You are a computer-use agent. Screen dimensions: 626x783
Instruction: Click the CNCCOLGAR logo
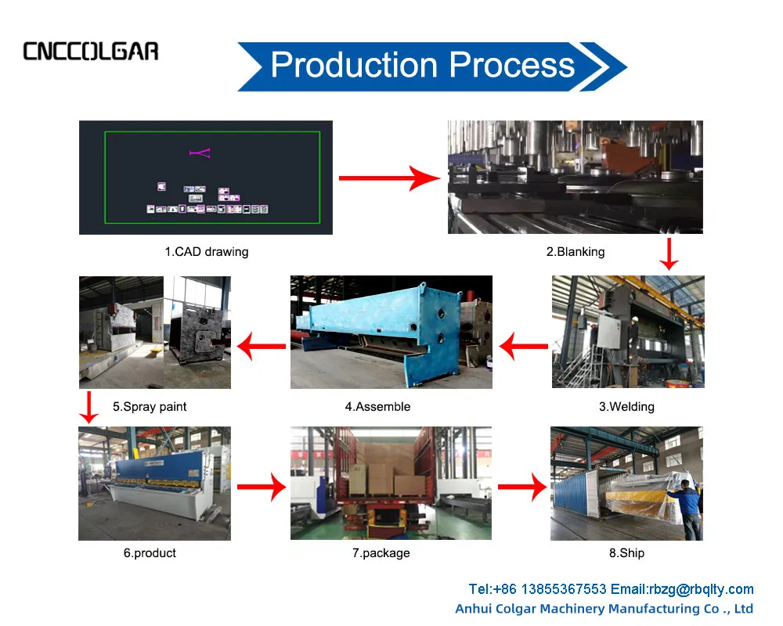coord(91,52)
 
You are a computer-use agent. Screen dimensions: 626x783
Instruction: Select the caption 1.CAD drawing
coord(206,252)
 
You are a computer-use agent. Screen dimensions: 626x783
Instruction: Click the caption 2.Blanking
coord(576,252)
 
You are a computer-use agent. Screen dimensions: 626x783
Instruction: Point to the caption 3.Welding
coord(626,407)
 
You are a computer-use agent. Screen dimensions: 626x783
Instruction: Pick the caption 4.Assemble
coord(377,407)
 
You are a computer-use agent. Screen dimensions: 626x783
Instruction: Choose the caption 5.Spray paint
coord(150,407)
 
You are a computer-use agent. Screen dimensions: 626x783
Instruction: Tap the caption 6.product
coord(150,553)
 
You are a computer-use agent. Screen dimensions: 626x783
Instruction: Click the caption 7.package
coord(381,553)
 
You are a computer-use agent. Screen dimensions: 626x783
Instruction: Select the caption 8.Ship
coord(626,553)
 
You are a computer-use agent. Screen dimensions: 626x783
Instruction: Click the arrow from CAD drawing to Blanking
coord(390,178)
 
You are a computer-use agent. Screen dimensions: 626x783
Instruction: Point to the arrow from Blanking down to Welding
coord(668,254)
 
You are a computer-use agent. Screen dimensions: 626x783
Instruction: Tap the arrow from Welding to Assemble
coord(523,344)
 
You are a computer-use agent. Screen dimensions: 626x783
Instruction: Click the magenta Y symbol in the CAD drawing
coord(200,153)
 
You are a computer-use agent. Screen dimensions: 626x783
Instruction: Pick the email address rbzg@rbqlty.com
coord(702,589)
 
